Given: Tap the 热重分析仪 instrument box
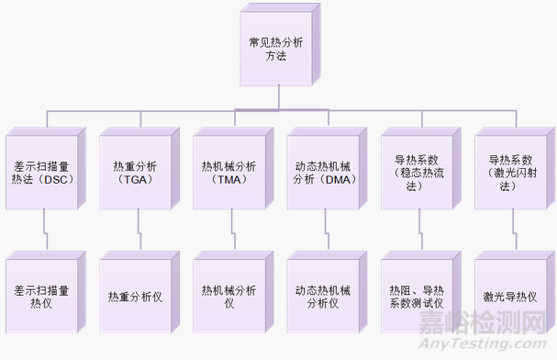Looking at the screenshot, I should coord(135,296).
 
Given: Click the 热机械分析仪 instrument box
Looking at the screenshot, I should coord(228,296).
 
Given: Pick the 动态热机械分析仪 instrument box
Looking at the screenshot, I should coord(322,296).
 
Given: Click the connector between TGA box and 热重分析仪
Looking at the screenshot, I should coord(139,229).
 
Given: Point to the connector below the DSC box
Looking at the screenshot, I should coord(45,229).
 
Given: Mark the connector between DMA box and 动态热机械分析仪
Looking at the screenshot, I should coord(326,229).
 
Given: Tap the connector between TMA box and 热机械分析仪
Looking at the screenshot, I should coord(232,229).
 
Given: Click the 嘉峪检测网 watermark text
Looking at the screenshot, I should coord(481,323).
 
